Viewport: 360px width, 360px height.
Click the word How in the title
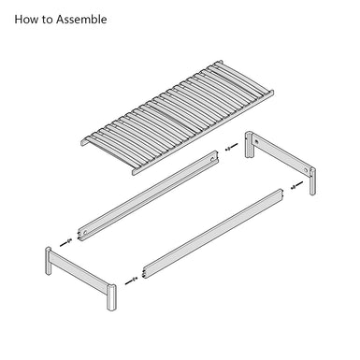pos(26,20)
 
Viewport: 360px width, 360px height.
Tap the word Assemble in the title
pos(81,20)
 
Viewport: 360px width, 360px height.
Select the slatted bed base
pos(177,117)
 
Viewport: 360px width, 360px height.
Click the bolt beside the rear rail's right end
pos(231,147)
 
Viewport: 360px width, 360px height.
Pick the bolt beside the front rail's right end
pos(296,185)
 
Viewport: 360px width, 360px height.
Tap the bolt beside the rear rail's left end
pos(66,242)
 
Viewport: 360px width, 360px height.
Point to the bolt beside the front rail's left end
pos(131,281)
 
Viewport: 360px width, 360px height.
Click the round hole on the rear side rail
pos(212,159)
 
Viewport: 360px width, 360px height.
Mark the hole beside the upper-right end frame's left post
pos(256,141)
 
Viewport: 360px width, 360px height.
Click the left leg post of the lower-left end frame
pos(49,261)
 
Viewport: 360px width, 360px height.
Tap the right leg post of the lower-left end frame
pos(111,297)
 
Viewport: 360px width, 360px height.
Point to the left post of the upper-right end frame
pos(249,145)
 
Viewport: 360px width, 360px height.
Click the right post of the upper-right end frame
pos(312,181)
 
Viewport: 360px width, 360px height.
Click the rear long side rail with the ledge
pos(148,196)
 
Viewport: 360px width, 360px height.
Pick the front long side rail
pos(213,234)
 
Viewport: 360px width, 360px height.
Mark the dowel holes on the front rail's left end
pos(144,273)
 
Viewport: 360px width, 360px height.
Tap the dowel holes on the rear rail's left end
pos(79,236)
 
